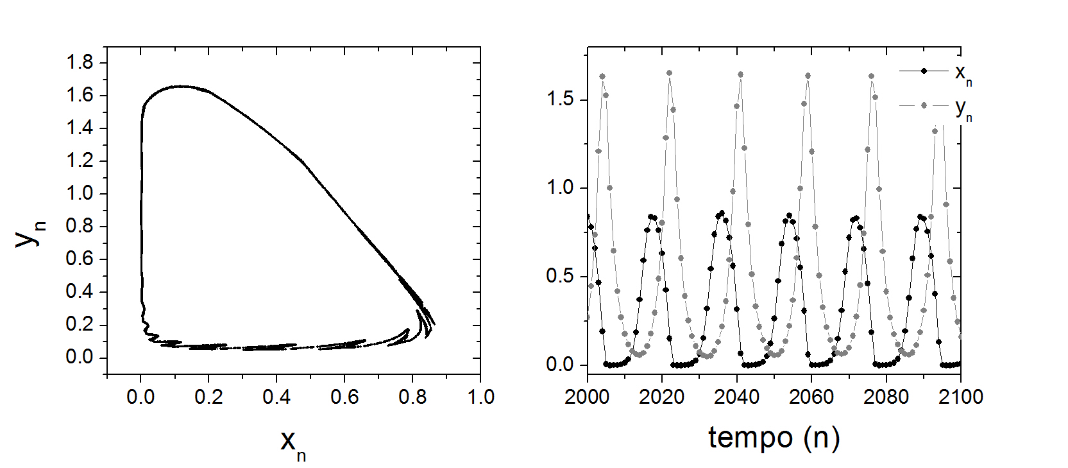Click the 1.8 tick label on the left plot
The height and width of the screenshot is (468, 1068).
[x=80, y=62]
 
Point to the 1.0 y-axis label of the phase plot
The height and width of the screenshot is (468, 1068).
[x=80, y=193]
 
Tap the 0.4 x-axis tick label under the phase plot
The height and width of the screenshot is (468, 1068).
[x=276, y=397]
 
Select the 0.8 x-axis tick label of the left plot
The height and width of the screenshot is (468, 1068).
[x=412, y=397]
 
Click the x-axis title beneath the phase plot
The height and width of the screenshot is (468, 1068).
[x=292, y=443]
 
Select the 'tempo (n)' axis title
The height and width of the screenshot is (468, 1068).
[x=774, y=437]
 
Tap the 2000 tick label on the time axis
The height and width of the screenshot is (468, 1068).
[x=587, y=397]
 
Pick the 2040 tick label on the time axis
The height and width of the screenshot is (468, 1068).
[x=736, y=397]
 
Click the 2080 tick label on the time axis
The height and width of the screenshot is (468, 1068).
[x=886, y=397]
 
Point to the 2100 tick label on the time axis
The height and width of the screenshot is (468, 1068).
[x=960, y=397]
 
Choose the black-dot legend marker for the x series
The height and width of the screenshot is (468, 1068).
[x=924, y=71]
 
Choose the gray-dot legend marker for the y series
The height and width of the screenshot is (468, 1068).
[x=924, y=105]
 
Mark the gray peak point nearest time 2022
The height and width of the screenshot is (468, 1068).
[x=669, y=73]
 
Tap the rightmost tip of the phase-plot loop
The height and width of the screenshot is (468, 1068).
[x=435, y=324]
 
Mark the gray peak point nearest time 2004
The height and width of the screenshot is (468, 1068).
[x=602, y=76]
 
